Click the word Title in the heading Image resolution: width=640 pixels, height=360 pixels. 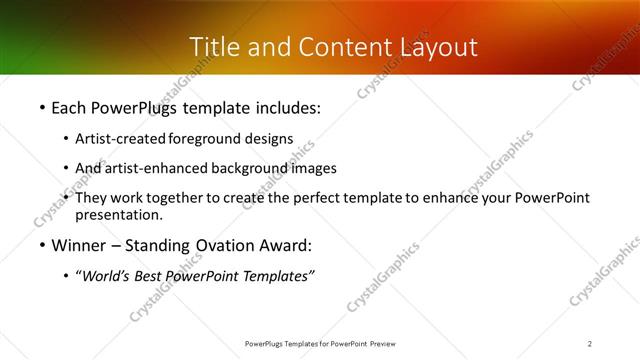coord(212,47)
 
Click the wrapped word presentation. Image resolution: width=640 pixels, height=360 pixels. coord(119,214)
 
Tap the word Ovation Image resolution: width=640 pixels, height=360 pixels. coord(227,245)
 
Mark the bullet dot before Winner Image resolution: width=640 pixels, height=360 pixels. coord(41,246)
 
